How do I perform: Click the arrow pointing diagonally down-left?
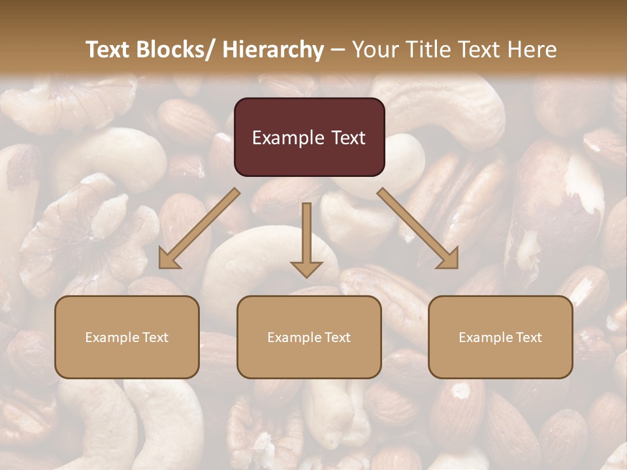199,228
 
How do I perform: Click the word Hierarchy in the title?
273,50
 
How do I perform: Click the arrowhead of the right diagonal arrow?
449,260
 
